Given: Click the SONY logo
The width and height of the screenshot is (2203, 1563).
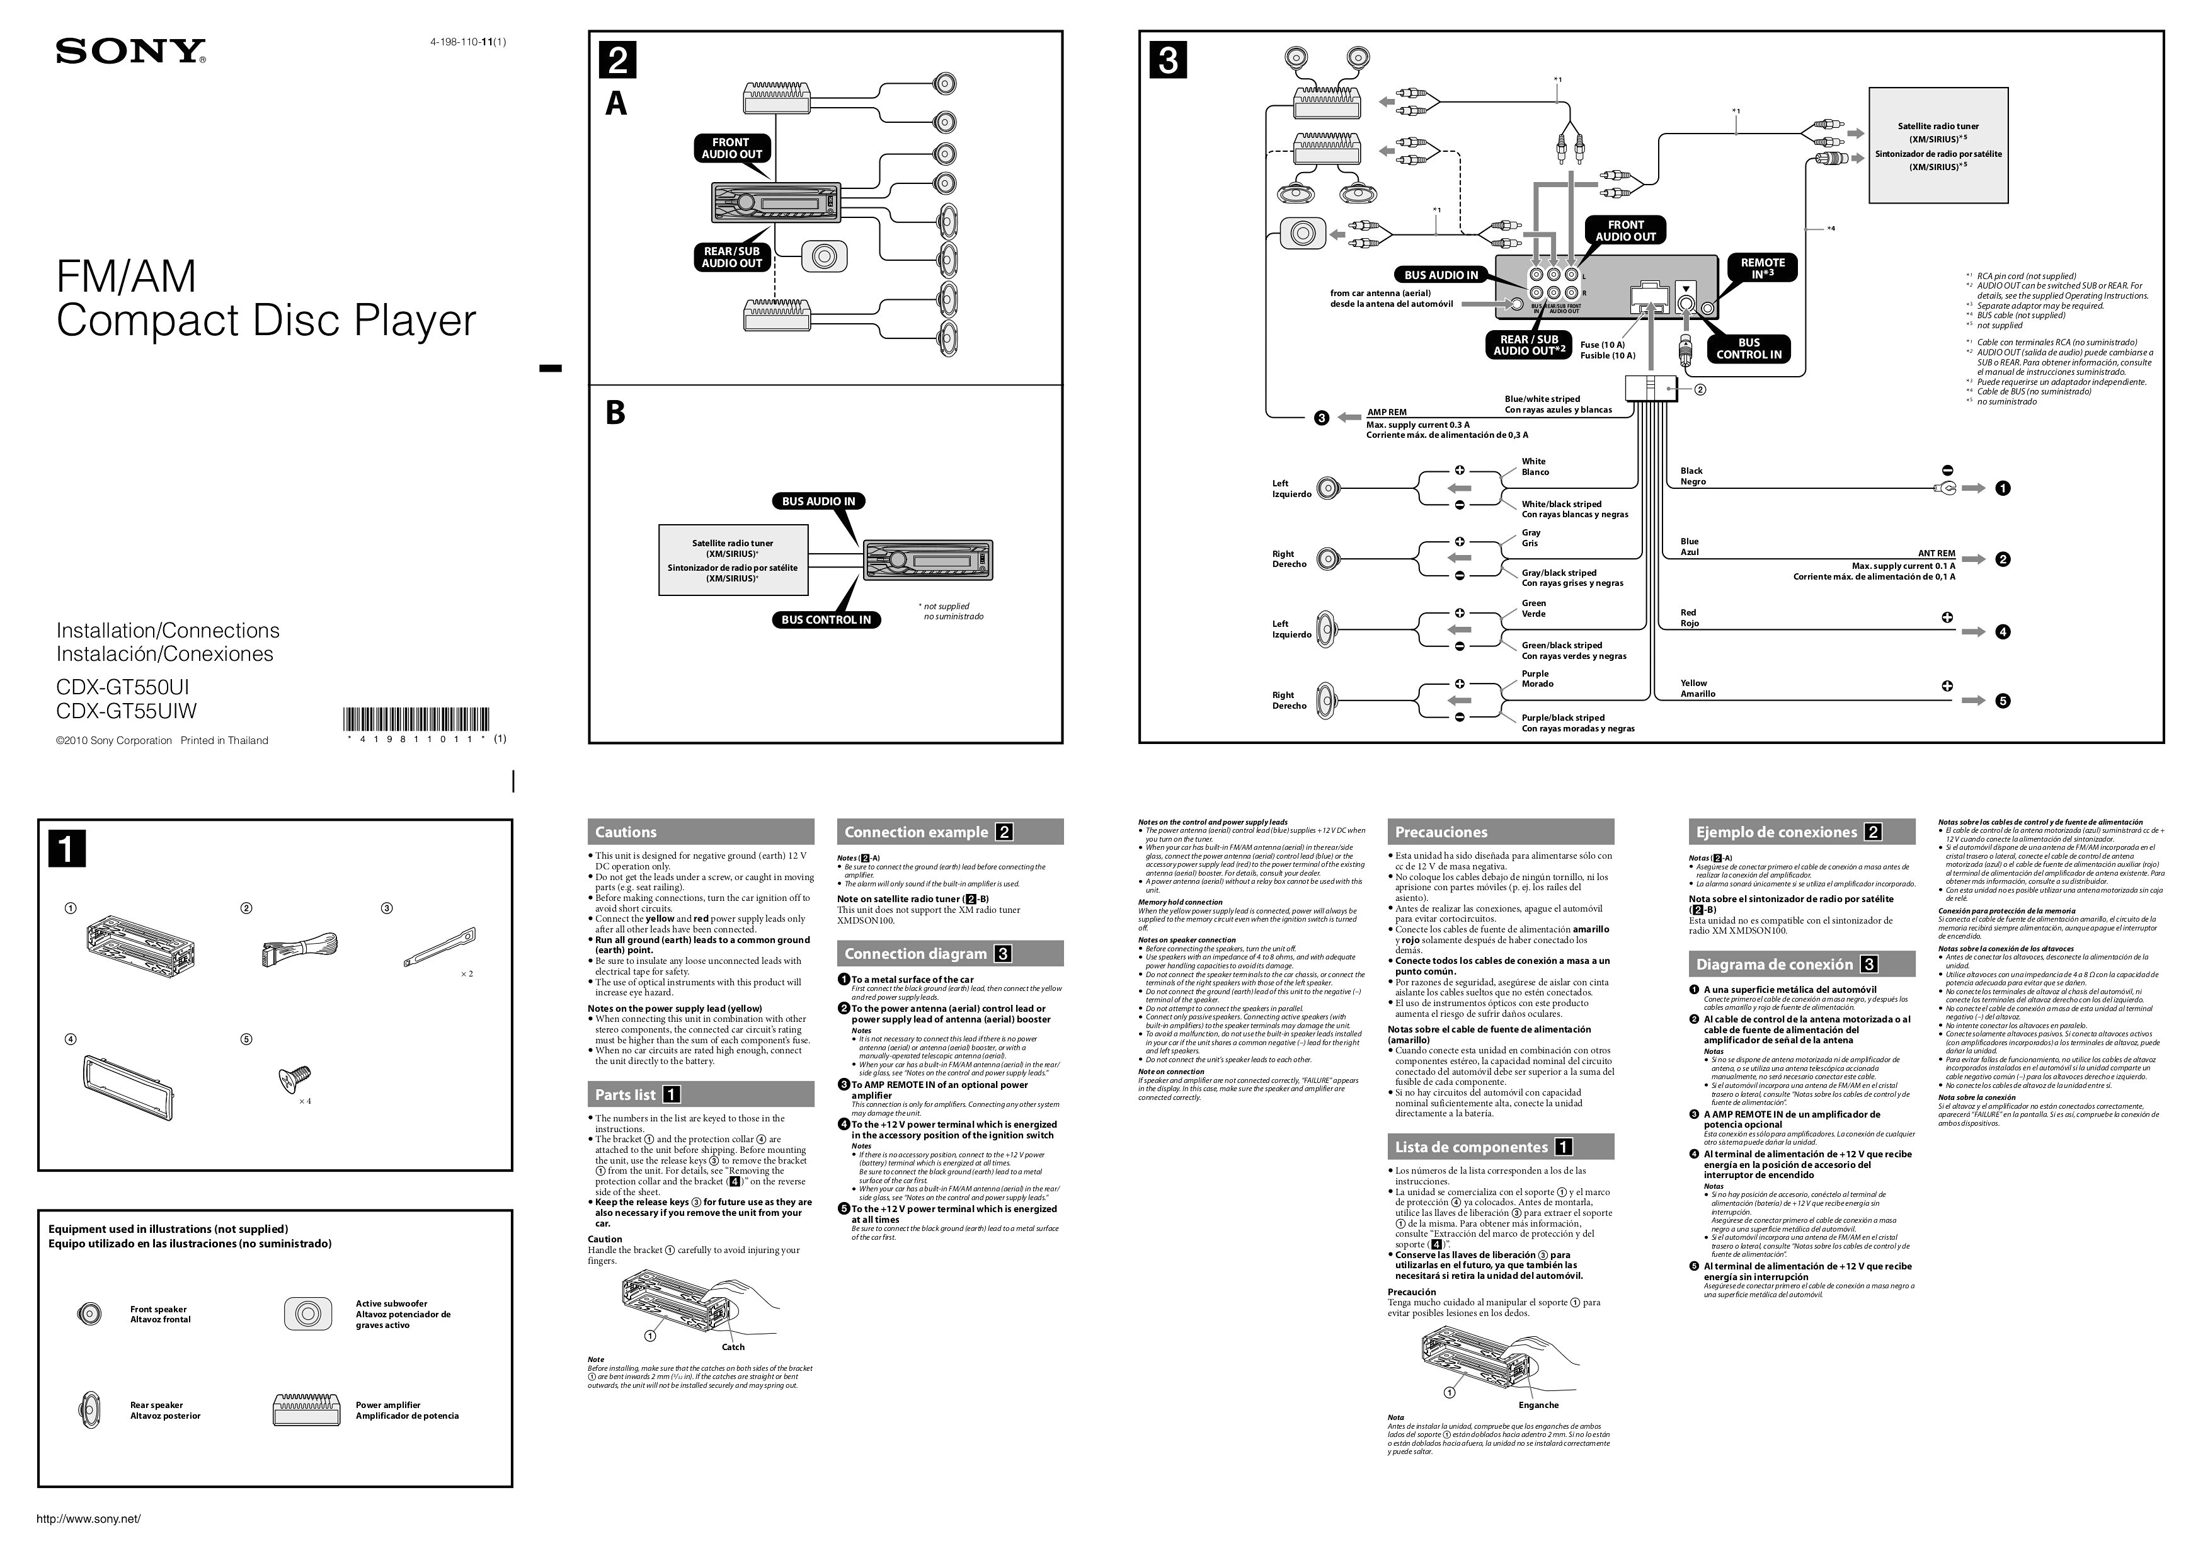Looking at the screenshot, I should pyautogui.click(x=131, y=52).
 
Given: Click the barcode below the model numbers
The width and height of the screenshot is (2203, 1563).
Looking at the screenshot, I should pyautogui.click(x=416, y=721).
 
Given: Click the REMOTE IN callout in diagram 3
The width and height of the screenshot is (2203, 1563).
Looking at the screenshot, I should pyautogui.click(x=1762, y=268).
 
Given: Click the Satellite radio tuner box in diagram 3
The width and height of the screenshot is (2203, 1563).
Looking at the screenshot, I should pyautogui.click(x=1937, y=146).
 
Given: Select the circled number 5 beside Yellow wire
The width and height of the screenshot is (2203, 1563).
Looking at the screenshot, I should pyautogui.click(x=2003, y=701).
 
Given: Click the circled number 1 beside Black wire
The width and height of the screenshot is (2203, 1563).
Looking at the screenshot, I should pyautogui.click(x=2003, y=488).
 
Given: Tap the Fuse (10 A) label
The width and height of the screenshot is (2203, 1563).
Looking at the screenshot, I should pyautogui.click(x=1603, y=345).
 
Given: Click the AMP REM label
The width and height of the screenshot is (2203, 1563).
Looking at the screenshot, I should pyautogui.click(x=1387, y=412).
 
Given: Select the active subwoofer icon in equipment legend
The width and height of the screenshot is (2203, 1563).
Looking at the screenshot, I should pyautogui.click(x=308, y=1314).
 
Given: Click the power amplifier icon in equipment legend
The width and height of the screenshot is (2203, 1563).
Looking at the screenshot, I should pyautogui.click(x=307, y=1410).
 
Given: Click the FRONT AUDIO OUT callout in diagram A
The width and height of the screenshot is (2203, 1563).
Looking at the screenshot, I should pyautogui.click(x=731, y=148).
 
